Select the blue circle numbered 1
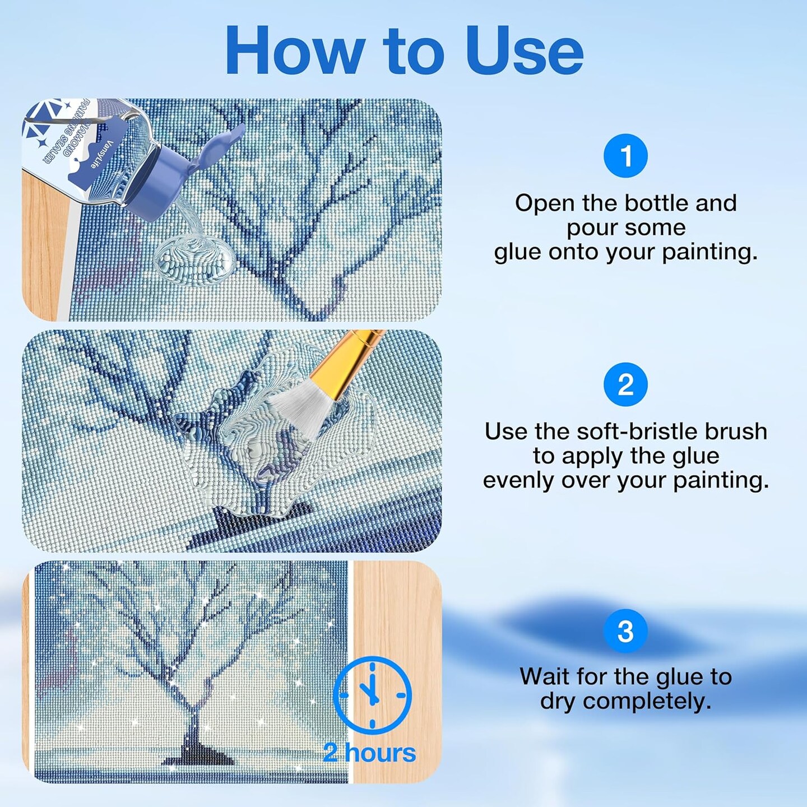[625, 156]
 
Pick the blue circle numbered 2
[625, 385]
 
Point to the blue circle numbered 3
[625, 631]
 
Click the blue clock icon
[372, 695]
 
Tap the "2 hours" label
[369, 753]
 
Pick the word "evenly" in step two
[518, 480]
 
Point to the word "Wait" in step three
[542, 676]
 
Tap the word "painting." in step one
[709, 252]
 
